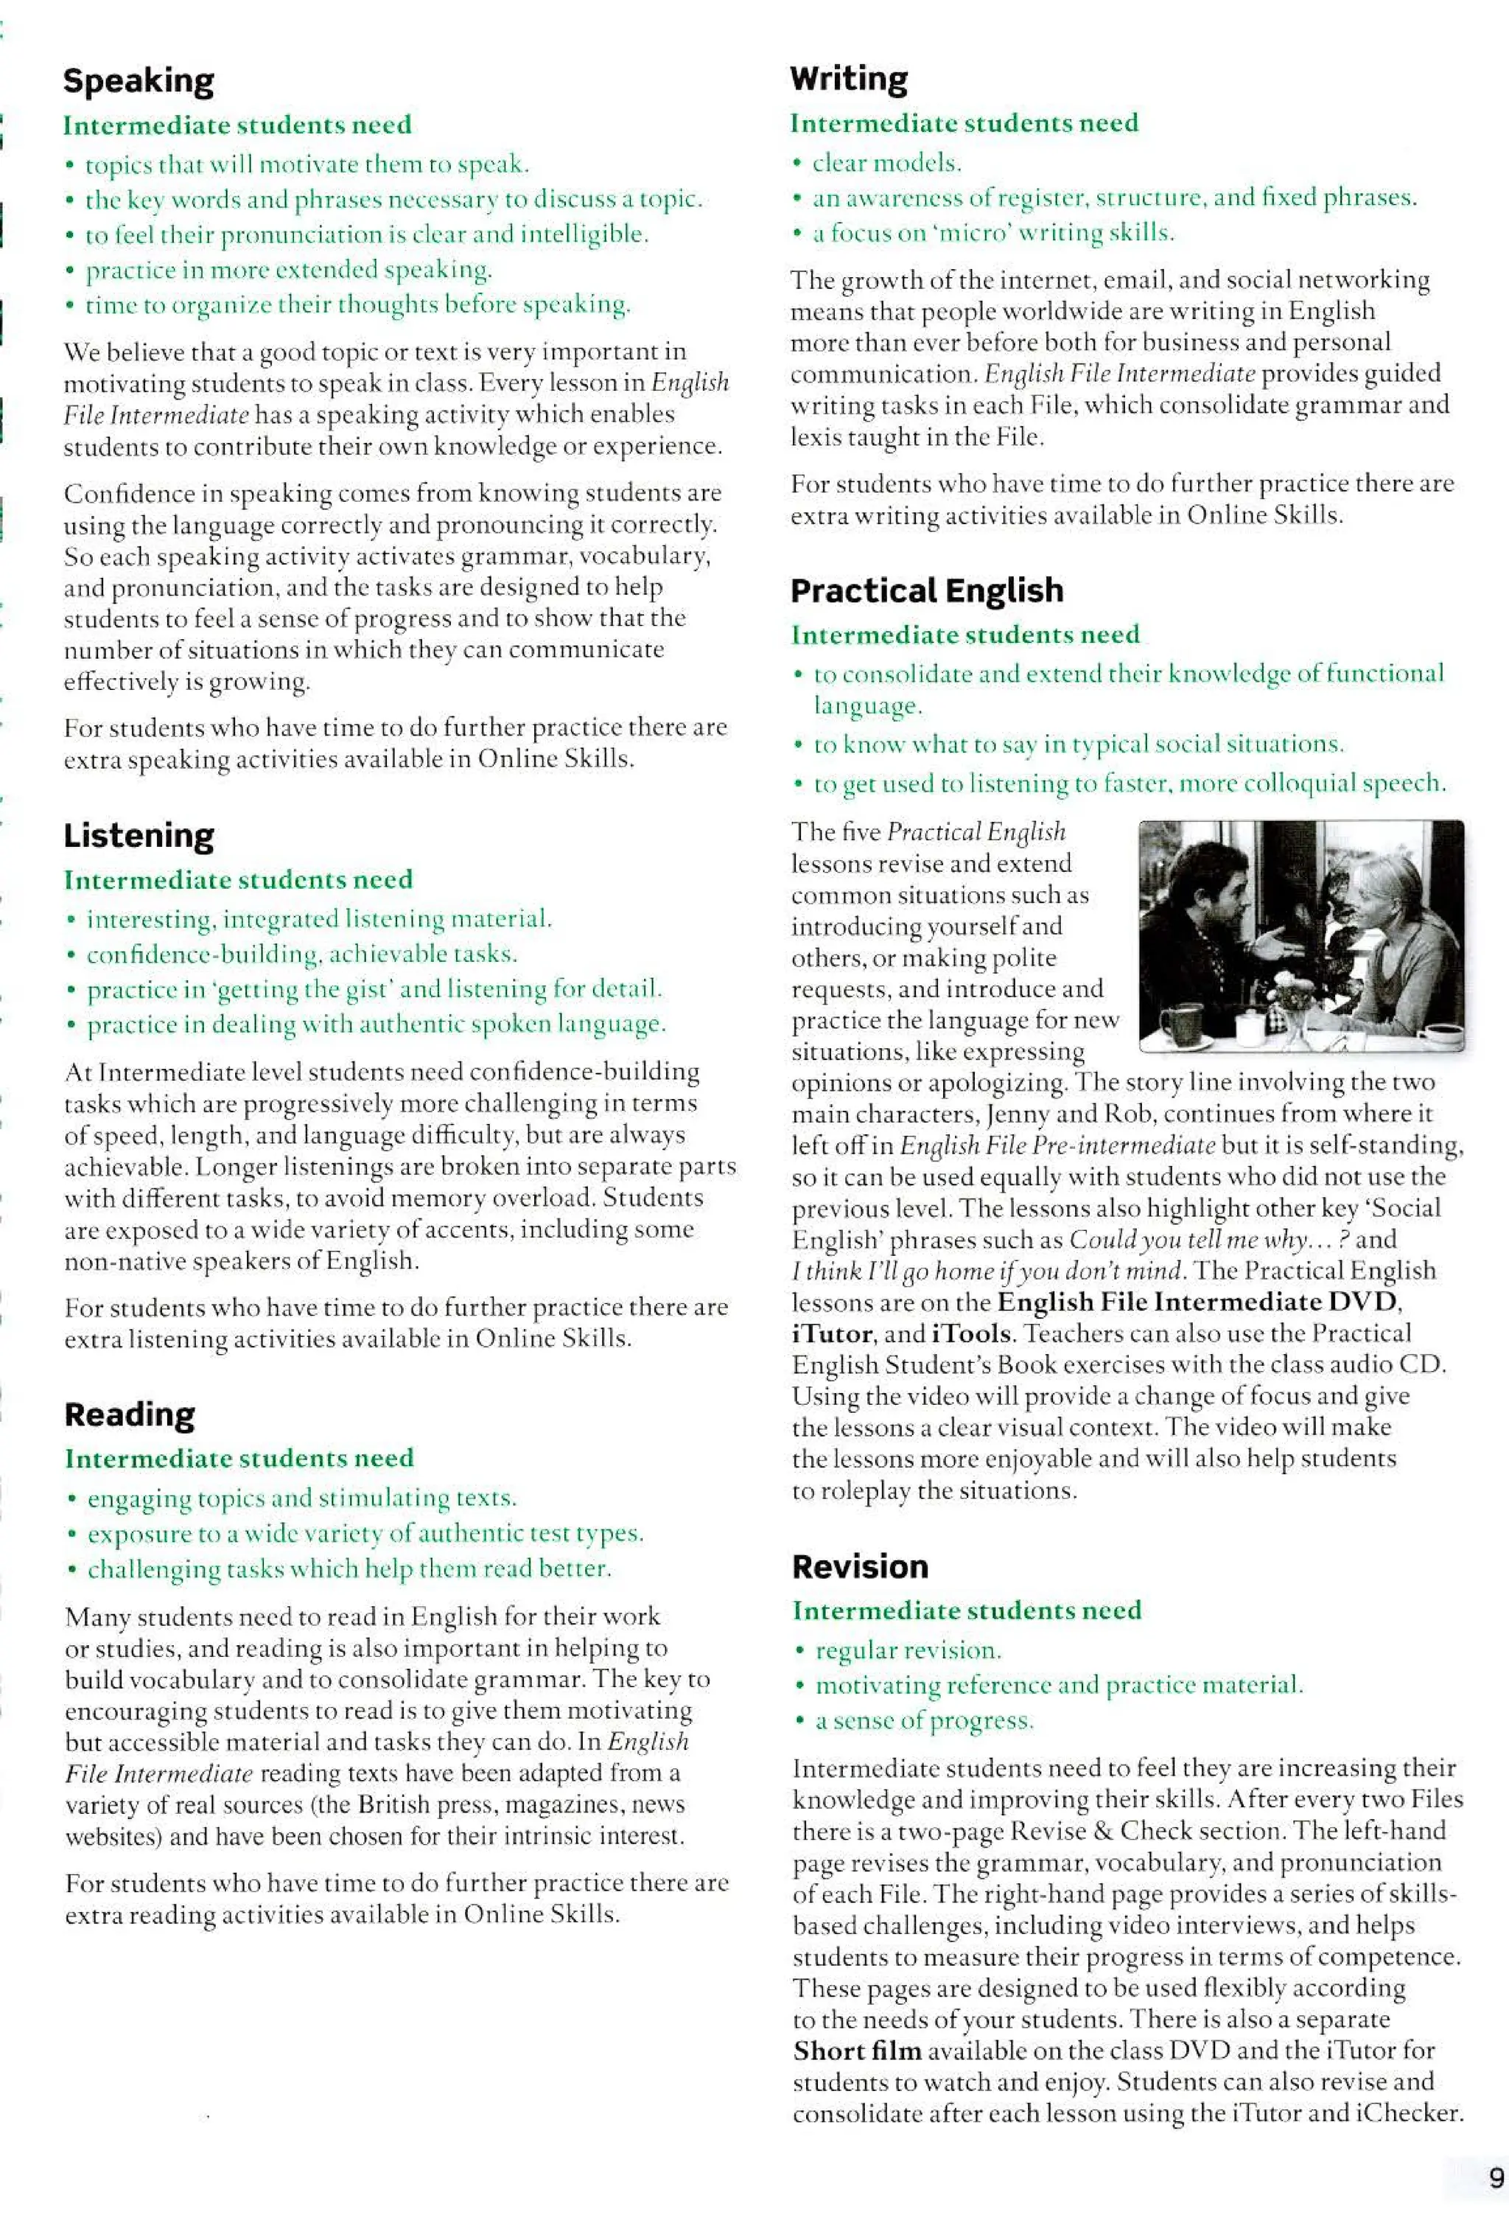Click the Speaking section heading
pyautogui.click(x=139, y=81)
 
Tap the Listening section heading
pyautogui.click(x=139, y=836)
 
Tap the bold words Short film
pyautogui.click(x=857, y=2051)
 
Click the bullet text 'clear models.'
pyautogui.click(x=886, y=164)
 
